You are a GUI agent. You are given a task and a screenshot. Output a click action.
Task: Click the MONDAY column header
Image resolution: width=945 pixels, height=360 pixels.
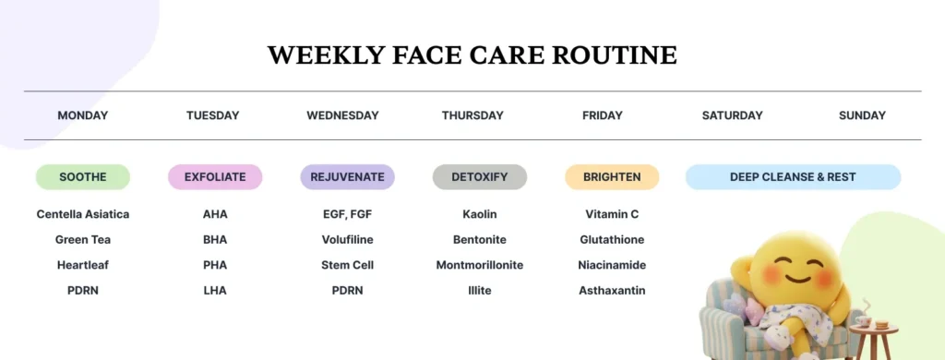[x=83, y=115]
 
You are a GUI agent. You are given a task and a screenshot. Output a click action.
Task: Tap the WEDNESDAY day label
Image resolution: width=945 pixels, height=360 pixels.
[x=342, y=115]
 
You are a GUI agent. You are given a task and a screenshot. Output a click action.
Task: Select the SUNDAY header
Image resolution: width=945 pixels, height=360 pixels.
[x=862, y=115]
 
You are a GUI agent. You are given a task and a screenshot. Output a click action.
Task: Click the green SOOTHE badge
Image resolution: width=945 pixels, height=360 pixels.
[x=83, y=176]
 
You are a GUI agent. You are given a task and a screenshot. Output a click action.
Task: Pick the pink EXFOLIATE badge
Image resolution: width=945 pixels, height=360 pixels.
[x=215, y=176]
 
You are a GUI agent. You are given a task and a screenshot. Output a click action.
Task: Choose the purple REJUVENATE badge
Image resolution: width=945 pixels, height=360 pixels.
[x=347, y=176]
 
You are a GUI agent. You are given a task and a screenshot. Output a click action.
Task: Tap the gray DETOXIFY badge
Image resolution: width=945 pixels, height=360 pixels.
[x=480, y=176]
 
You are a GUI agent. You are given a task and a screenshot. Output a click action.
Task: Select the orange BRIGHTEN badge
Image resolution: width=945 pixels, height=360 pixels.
[x=612, y=176]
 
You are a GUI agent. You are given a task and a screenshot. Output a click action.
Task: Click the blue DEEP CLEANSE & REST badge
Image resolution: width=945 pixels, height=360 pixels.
[x=793, y=176]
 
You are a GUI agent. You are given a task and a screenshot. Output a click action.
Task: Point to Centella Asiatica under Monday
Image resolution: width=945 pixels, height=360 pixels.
[x=83, y=214]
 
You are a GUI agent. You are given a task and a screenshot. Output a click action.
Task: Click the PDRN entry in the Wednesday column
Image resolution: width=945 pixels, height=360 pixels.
[x=347, y=291]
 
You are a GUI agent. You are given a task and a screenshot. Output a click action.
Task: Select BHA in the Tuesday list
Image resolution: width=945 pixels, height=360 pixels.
[x=215, y=240]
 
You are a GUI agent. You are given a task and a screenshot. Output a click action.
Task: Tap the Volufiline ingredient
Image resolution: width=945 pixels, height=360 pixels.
[x=347, y=240]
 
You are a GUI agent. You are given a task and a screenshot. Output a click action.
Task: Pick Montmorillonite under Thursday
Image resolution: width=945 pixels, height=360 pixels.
[x=480, y=265]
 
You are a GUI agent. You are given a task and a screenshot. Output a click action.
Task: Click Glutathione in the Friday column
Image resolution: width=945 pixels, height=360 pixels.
[x=612, y=240]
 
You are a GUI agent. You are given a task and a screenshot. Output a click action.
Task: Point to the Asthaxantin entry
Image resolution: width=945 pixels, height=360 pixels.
[x=612, y=291]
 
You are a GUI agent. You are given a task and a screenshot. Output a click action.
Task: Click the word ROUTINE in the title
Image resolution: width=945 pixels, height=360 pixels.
[x=615, y=54]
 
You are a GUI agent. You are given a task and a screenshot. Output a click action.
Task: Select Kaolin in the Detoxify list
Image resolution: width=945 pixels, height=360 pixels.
[x=480, y=214]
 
